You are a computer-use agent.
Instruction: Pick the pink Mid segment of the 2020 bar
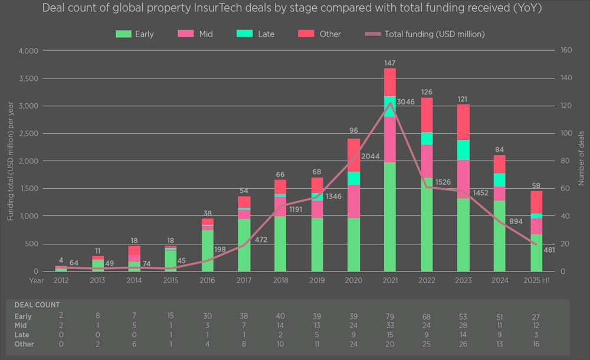pos(353,201)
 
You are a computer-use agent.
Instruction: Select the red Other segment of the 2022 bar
pos(427,115)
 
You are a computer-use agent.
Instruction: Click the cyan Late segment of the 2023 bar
pos(463,150)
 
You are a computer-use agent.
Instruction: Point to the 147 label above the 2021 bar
pos(390,62)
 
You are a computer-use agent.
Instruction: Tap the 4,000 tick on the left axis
pos(28,51)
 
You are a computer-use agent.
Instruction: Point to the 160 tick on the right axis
pos(566,51)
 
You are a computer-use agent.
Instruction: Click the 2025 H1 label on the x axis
pos(536,281)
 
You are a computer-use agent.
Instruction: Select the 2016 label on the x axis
pos(206,281)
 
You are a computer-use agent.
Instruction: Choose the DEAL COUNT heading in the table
pos(37,305)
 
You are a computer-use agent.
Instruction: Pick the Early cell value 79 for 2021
pos(390,317)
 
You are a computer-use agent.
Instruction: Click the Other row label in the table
pos(25,344)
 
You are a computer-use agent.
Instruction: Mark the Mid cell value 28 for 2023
pos(463,326)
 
